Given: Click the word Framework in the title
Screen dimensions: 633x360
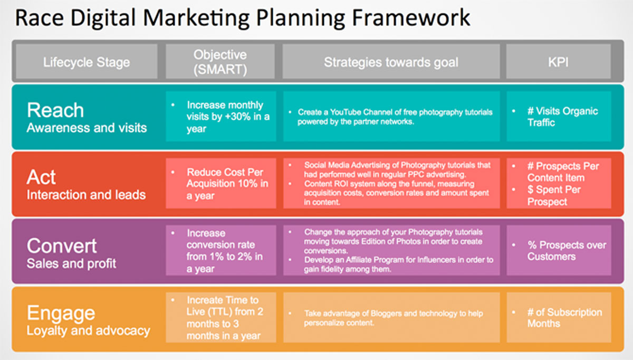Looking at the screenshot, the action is tap(411, 18).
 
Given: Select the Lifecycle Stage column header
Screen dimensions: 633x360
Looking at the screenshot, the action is tap(87, 62).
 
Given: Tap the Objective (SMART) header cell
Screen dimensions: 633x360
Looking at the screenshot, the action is tap(220, 62).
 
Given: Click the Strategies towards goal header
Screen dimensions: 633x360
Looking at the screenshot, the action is tap(391, 62).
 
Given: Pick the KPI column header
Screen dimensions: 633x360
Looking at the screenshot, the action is tap(559, 62).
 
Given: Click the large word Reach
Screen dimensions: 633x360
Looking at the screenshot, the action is tap(55, 110).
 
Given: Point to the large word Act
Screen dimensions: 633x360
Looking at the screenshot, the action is tap(41, 177).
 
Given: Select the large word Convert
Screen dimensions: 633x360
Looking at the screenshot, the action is tap(62, 246).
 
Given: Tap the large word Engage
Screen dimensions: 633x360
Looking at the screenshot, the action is tap(61, 314).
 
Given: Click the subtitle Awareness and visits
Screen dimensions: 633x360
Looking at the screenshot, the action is tap(87, 128).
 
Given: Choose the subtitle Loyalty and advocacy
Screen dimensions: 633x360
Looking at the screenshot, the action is tap(89, 331).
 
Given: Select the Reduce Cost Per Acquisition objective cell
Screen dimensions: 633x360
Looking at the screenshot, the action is tap(221, 184).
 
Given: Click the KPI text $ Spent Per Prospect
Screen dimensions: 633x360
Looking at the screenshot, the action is tap(554, 196).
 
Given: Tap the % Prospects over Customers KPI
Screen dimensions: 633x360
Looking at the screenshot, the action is tap(567, 251).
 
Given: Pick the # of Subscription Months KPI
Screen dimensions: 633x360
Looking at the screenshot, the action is tap(564, 318).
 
